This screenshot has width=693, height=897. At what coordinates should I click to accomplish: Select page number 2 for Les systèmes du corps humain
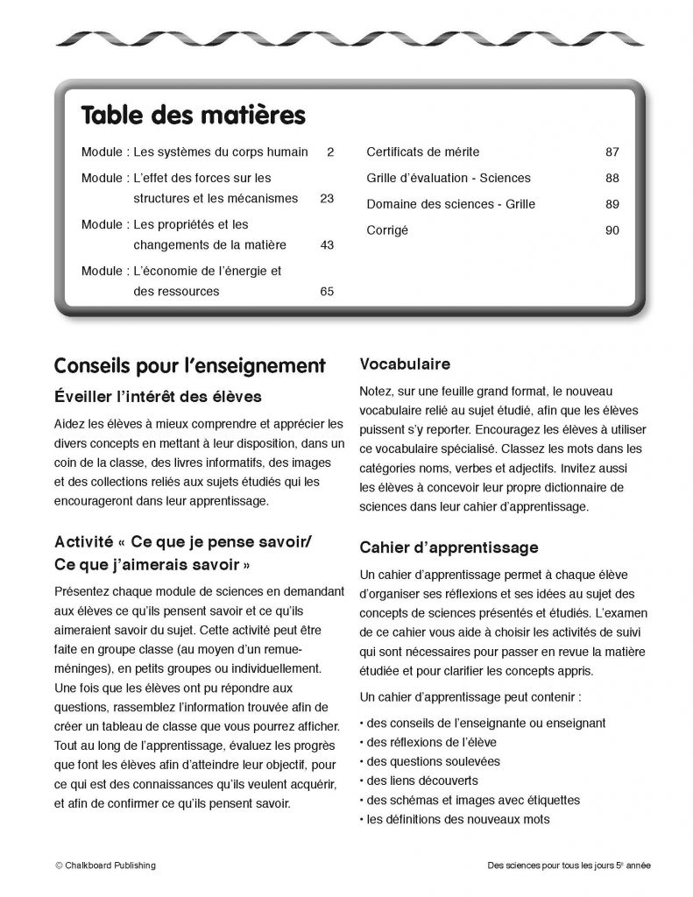coord(330,152)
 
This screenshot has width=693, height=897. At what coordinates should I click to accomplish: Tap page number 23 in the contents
coord(327,198)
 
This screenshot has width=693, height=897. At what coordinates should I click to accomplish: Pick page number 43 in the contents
coord(327,244)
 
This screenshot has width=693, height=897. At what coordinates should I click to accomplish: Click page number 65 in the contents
coord(327,292)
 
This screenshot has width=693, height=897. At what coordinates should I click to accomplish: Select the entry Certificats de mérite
coord(422,152)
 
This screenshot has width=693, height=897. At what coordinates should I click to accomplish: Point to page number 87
coord(612,152)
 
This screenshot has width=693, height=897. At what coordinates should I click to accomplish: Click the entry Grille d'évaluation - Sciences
coord(448,178)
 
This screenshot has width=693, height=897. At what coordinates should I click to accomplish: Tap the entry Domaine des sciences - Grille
coord(450,204)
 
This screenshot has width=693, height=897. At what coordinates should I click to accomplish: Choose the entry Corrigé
coord(387,230)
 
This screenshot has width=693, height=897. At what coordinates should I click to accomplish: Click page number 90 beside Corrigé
coord(612,230)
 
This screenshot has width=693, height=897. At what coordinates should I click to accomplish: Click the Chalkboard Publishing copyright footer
coord(105,865)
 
